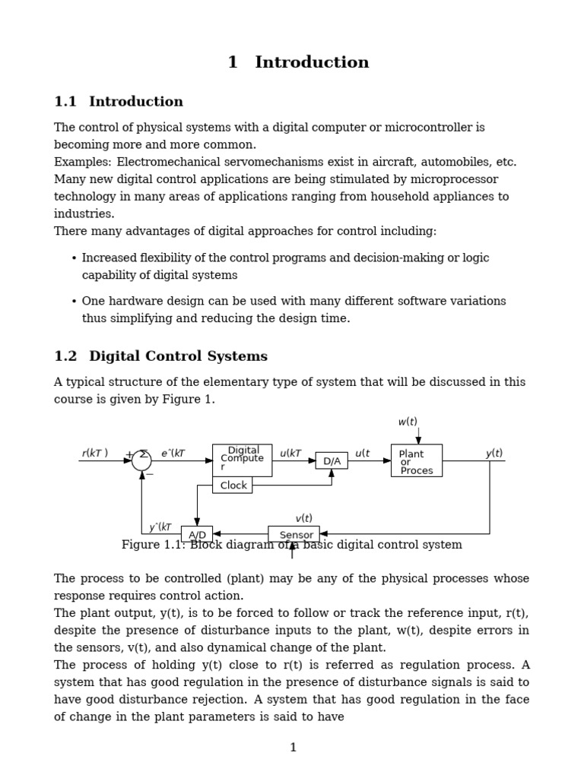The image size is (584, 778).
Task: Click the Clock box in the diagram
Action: coord(233,485)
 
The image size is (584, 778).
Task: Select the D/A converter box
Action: coord(332,460)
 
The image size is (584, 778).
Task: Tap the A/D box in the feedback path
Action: coord(197,534)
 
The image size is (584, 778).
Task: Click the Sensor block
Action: coord(294,534)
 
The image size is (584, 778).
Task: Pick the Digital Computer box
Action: coord(242,459)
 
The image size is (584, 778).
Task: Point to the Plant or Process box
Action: coord(416,461)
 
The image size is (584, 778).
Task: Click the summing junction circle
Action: coord(141,460)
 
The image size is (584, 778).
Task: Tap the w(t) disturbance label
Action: coord(408,422)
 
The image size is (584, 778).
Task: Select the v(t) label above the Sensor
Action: coord(303,518)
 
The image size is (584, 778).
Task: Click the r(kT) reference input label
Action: coord(95,454)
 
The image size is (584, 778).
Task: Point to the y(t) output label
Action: coord(494,454)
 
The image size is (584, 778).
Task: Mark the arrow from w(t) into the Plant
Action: coord(418,436)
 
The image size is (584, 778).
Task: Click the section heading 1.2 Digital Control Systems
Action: coord(161,356)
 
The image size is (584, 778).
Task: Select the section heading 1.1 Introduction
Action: coord(119,102)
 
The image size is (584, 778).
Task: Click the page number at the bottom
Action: coord(293,748)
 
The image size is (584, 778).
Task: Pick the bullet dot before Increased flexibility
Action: coord(74,258)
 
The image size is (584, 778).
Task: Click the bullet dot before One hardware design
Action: coord(74,302)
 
